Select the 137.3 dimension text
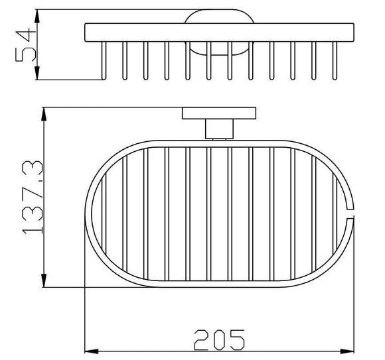coord(27,196)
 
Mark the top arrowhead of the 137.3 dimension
coord(44,111)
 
